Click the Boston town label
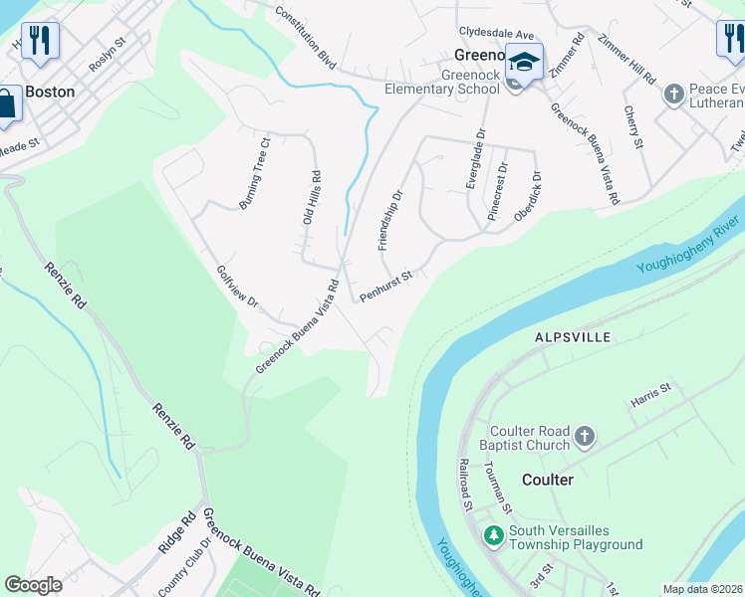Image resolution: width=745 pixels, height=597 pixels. click(x=50, y=92)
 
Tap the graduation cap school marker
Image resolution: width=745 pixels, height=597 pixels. click(x=523, y=62)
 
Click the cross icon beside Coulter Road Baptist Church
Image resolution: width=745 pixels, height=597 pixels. click(x=585, y=437)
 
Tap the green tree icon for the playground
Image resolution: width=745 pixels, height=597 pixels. click(x=493, y=536)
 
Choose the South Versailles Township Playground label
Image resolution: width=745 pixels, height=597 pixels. click(x=575, y=537)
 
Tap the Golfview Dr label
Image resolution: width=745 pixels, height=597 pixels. click(x=237, y=288)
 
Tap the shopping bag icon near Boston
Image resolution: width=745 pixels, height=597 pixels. click(x=7, y=102)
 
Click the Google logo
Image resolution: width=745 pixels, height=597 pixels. click(x=33, y=585)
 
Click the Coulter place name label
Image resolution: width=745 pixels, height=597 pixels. click(x=548, y=480)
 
